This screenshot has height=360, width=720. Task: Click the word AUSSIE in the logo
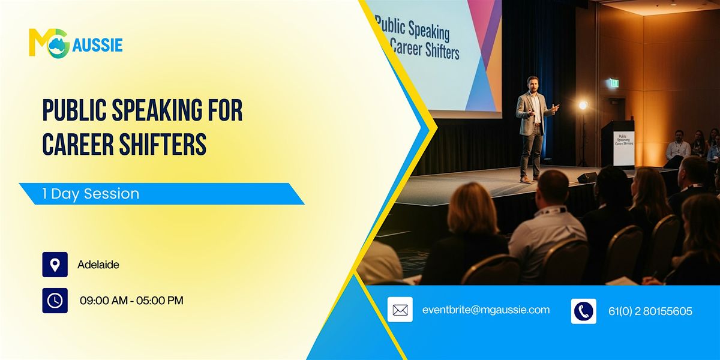pyautogui.click(x=97, y=44)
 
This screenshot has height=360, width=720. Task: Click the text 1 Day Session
pyautogui.click(x=91, y=194)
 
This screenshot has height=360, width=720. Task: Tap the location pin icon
pyautogui.click(x=55, y=265)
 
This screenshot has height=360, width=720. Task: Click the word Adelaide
pyautogui.click(x=98, y=265)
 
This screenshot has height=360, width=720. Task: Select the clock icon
pyautogui.click(x=55, y=301)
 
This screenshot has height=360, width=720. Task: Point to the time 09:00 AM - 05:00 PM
pyautogui.click(x=131, y=301)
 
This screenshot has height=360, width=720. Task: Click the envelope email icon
pyautogui.click(x=400, y=310)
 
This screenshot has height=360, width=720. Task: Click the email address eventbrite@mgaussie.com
pyautogui.click(x=486, y=310)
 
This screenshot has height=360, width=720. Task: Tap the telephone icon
pyautogui.click(x=583, y=311)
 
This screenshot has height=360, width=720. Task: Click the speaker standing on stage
pyautogui.click(x=532, y=126)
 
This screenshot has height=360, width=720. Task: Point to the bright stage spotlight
pyautogui.click(x=583, y=106)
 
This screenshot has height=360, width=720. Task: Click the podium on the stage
pyautogui.click(x=618, y=144)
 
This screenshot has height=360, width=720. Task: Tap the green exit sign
pyautogui.click(x=614, y=83)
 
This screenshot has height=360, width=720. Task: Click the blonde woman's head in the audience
pyautogui.click(x=472, y=208)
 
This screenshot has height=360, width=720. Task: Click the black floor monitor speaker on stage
pyautogui.click(x=587, y=178)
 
